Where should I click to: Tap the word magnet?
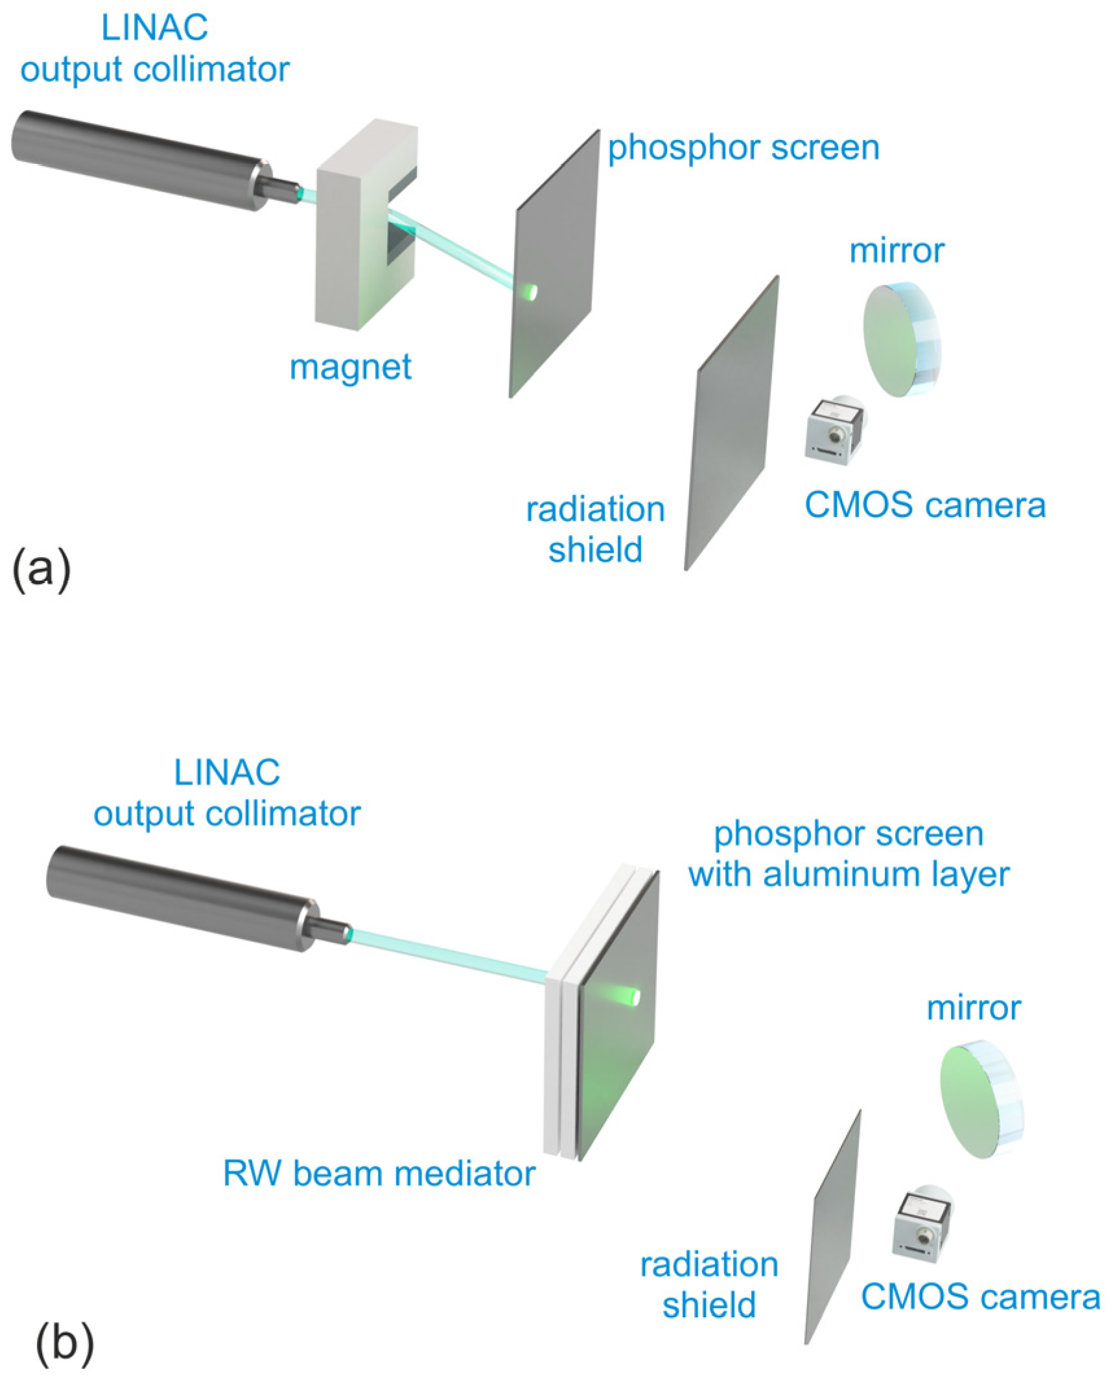click(350, 367)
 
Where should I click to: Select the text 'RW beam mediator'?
click(379, 1173)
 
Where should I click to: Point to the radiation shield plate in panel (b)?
click(833, 1232)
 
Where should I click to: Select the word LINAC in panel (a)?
click(154, 29)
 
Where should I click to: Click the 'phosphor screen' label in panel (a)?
click(743, 148)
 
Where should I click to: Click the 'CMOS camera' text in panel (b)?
click(980, 1297)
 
